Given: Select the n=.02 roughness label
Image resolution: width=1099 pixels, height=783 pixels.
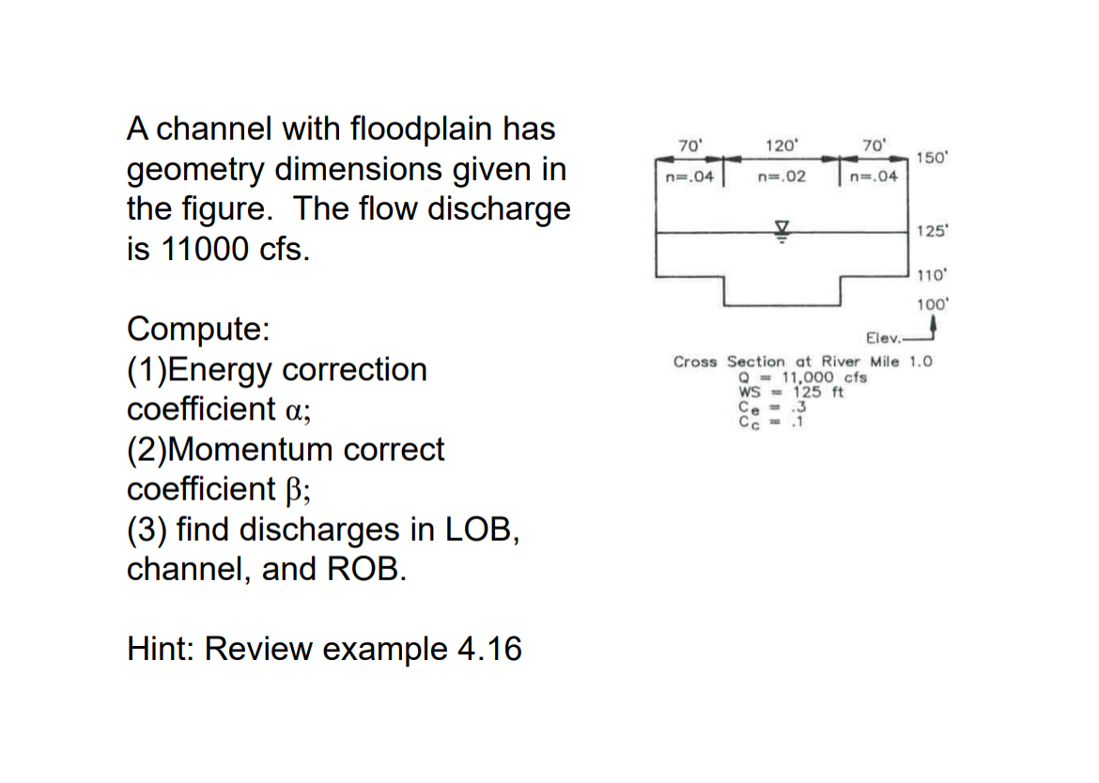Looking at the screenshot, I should pyautogui.click(x=782, y=176).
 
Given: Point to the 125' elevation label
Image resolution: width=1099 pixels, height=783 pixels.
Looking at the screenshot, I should pyautogui.click(x=933, y=231).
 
